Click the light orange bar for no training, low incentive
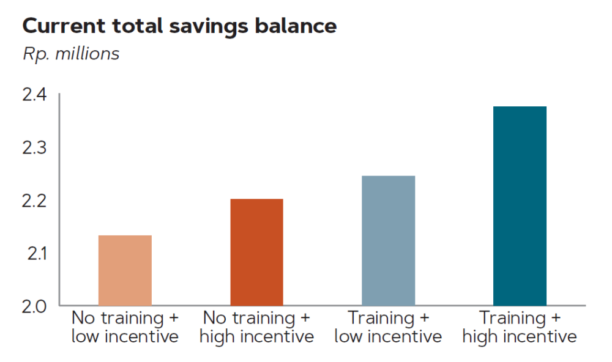click(x=125, y=270)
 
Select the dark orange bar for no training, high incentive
click(x=256, y=252)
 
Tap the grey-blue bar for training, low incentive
click(x=388, y=240)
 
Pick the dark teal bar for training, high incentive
click(x=520, y=206)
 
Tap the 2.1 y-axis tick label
click(x=35, y=253)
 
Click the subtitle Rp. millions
click(x=71, y=54)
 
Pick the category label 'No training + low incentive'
click(x=125, y=327)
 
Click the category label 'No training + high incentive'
click(x=257, y=327)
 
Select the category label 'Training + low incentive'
click(x=388, y=327)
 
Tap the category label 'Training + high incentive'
click(x=520, y=327)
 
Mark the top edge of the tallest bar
click(x=520, y=107)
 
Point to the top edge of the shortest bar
click(x=125, y=236)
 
